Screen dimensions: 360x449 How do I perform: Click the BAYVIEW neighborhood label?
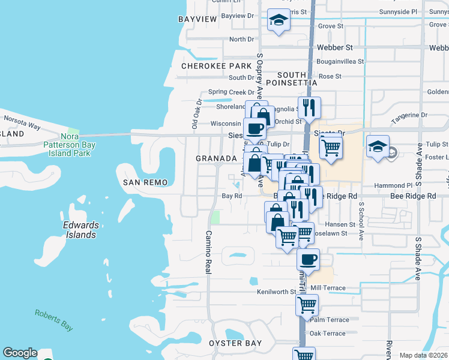tap(197, 19)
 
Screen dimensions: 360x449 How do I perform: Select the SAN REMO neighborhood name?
tap(143, 182)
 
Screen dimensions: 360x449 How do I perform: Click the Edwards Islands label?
tap(80, 230)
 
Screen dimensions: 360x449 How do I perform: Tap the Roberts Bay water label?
tap(54, 319)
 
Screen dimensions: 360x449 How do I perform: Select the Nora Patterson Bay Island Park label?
tap(67, 145)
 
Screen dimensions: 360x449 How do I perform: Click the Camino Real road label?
tap(208, 252)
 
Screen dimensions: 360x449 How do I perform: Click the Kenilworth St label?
tap(277, 292)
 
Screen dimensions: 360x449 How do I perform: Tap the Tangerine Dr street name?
tap(409, 115)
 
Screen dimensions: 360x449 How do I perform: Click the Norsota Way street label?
tap(22, 127)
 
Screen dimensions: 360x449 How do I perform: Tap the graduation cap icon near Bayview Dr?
tap(279, 20)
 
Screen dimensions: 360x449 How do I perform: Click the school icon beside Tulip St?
tap(378, 146)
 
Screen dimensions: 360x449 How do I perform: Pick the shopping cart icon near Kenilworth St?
tap(307, 305)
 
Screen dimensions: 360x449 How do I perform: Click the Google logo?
tap(20, 353)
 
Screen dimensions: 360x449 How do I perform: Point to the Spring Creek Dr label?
tap(231, 92)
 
